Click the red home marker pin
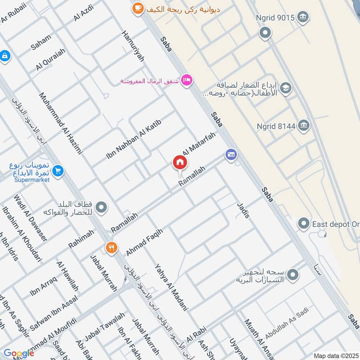click(179, 163)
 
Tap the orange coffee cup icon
click(137, 8)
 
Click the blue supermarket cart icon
click(58, 171)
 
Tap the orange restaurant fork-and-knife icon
click(111, 247)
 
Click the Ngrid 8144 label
click(276, 126)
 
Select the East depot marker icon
click(304, 223)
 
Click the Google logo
click(18, 353)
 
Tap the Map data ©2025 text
click(335, 356)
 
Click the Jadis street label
click(243, 210)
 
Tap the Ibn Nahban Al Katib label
click(133, 139)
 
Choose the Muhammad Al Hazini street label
click(61, 123)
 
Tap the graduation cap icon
click(285, 89)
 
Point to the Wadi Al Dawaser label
click(30, 218)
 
